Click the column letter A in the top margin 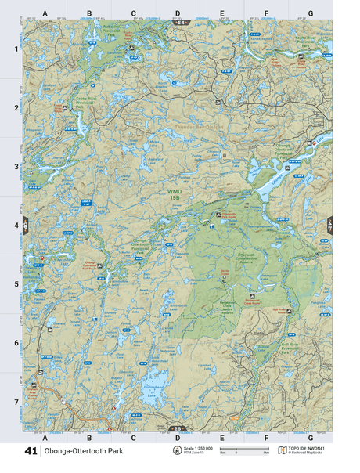[x=45, y=13]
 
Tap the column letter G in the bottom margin [x=311, y=438]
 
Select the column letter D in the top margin [x=178, y=13]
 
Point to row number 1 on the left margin [x=15, y=49]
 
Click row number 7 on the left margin [x=15, y=402]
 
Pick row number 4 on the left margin [x=15, y=226]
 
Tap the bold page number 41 [x=31, y=452]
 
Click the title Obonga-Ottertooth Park [x=83, y=452]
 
